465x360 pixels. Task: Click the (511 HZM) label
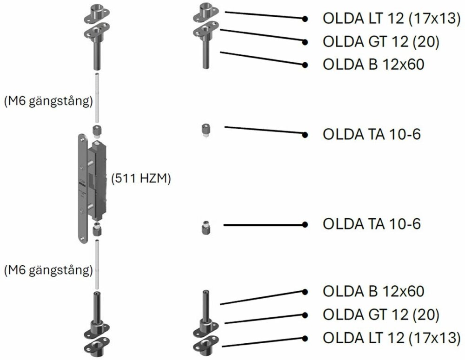[x=141, y=178]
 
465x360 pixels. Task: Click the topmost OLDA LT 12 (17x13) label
[x=391, y=19]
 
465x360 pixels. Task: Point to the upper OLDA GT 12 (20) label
[x=381, y=41]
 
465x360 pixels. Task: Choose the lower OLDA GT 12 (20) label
[x=381, y=314]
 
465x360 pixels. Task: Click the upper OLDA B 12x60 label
[x=373, y=64]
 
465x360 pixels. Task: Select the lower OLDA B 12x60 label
[x=373, y=292]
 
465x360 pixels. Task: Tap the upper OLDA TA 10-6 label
[x=372, y=134]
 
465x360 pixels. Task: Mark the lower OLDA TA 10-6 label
[x=372, y=224]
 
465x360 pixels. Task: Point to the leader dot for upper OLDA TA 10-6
[x=305, y=135]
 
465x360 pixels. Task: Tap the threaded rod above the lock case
[x=97, y=100]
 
